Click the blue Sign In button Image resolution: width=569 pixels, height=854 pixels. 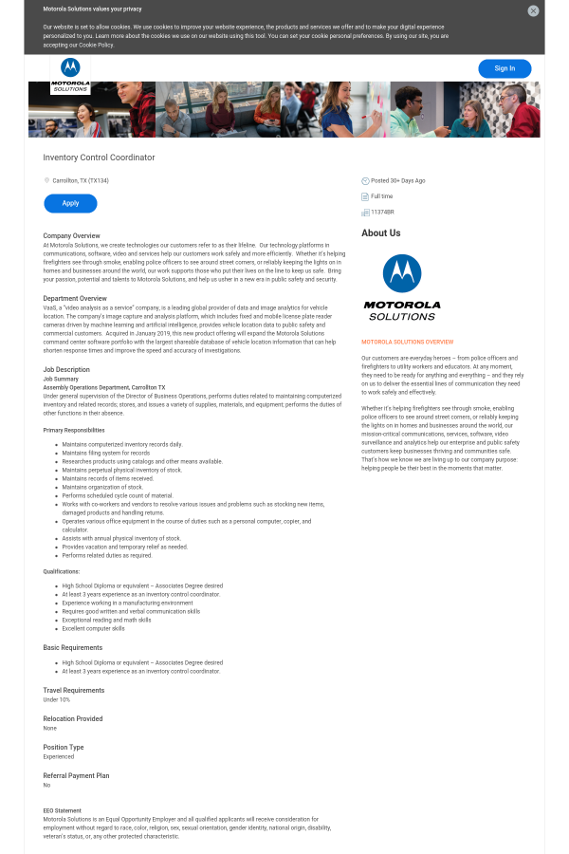[x=505, y=68]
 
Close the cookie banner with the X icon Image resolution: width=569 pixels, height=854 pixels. [x=533, y=10]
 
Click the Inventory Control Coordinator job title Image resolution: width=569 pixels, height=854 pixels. [x=99, y=158]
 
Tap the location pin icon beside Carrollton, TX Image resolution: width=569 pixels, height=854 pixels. [x=46, y=180]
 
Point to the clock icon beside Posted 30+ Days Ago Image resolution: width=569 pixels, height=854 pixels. [x=365, y=180]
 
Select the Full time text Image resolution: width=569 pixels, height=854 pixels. [x=381, y=196]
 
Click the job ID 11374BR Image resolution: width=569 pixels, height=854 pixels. [x=382, y=212]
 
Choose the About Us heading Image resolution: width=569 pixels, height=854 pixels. [x=380, y=232]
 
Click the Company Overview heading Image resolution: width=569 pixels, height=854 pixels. [x=71, y=235]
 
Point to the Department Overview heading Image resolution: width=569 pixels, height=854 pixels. [x=75, y=299]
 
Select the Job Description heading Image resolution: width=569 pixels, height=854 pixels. [x=66, y=369]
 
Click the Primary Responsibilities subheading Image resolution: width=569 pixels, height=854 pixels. [x=73, y=430]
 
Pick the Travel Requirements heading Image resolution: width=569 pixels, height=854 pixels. [x=73, y=690]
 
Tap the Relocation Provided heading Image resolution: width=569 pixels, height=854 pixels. [x=72, y=718]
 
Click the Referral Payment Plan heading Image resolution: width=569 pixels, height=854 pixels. [x=76, y=775]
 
